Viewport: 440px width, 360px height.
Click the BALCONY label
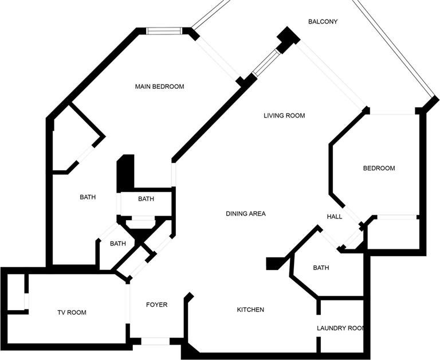click(x=323, y=22)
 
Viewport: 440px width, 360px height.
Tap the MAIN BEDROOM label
click(x=160, y=87)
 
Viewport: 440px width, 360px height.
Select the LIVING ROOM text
click(x=284, y=115)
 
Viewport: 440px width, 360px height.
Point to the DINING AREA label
click(x=246, y=214)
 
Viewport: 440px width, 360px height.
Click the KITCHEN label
click(x=250, y=310)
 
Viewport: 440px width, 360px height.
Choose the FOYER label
click(x=157, y=304)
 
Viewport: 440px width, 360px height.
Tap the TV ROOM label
click(x=72, y=312)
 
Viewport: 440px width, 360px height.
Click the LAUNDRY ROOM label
click(x=340, y=328)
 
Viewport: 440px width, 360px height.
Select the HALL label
click(x=335, y=217)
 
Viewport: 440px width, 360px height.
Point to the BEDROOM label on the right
click(x=379, y=168)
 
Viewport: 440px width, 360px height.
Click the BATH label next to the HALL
click(x=321, y=268)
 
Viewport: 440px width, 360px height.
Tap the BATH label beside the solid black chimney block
click(x=146, y=199)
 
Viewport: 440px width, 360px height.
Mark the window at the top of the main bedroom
click(x=165, y=31)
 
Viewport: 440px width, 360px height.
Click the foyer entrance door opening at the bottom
click(x=155, y=341)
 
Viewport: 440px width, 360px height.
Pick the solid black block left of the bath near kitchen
click(x=274, y=264)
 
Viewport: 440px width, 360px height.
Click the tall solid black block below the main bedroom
click(x=125, y=173)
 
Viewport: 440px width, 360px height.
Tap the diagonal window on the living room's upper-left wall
click(x=265, y=62)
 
